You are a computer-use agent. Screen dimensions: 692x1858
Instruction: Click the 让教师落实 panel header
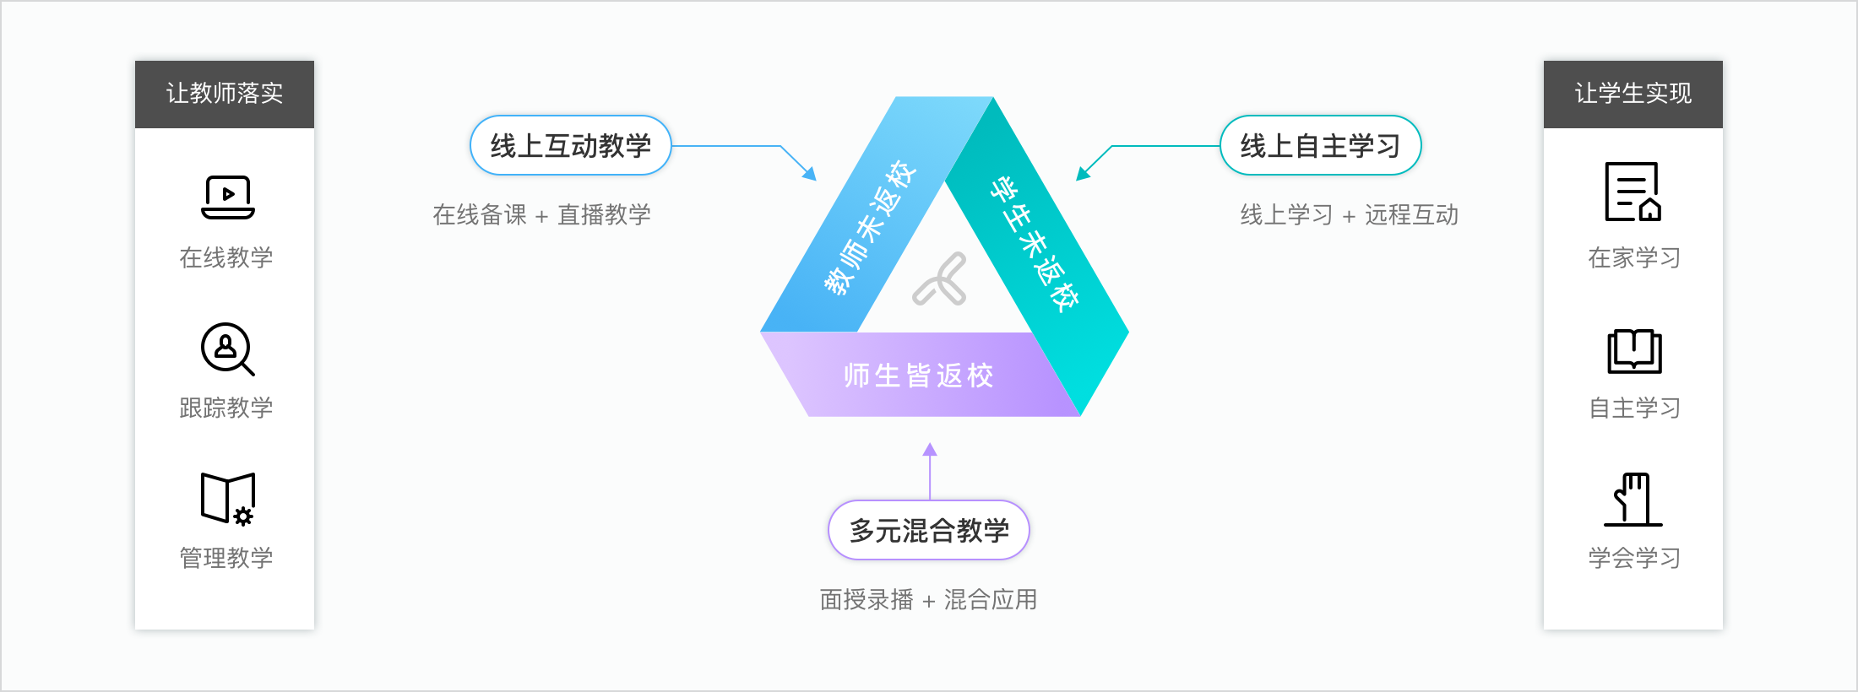click(225, 94)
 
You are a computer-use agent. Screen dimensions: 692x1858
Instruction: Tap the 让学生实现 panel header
click(1633, 94)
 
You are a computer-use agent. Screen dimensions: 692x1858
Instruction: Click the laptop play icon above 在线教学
click(228, 197)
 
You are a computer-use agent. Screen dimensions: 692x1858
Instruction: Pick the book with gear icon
click(228, 499)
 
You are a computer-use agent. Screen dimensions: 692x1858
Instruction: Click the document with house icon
click(1633, 192)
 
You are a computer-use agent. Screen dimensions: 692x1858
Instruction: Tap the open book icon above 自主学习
click(1634, 351)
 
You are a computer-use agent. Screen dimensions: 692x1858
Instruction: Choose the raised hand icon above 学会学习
click(1633, 500)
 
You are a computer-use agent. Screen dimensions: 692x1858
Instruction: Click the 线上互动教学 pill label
click(571, 146)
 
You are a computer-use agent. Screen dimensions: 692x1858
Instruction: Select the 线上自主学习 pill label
click(1320, 146)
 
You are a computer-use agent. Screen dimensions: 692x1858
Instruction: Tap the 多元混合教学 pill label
click(929, 531)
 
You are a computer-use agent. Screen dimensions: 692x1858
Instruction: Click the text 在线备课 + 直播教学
click(542, 215)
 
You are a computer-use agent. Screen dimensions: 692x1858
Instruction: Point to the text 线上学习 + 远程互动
click(1349, 215)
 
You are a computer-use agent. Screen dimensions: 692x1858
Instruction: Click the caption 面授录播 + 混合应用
click(928, 600)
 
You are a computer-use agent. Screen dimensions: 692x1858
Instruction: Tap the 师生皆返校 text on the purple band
click(919, 376)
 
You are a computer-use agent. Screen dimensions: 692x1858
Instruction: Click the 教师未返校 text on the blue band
click(870, 228)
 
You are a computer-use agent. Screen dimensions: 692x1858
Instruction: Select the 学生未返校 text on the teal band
click(1035, 245)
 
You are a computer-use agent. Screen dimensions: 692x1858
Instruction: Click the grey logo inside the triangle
click(940, 279)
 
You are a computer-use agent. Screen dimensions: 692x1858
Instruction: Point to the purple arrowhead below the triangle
click(930, 450)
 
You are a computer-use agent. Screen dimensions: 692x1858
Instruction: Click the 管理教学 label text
click(226, 558)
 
